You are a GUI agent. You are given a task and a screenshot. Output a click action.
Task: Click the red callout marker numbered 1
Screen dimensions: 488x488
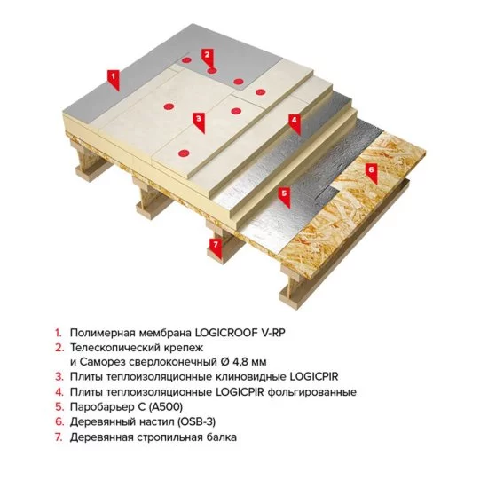[x=113, y=76]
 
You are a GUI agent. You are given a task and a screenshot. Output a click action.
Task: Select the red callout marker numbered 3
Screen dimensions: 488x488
[x=199, y=118]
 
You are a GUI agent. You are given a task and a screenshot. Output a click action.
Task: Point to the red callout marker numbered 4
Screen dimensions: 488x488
[x=294, y=119]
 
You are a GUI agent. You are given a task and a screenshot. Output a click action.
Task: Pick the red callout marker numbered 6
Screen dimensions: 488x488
[x=372, y=168]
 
